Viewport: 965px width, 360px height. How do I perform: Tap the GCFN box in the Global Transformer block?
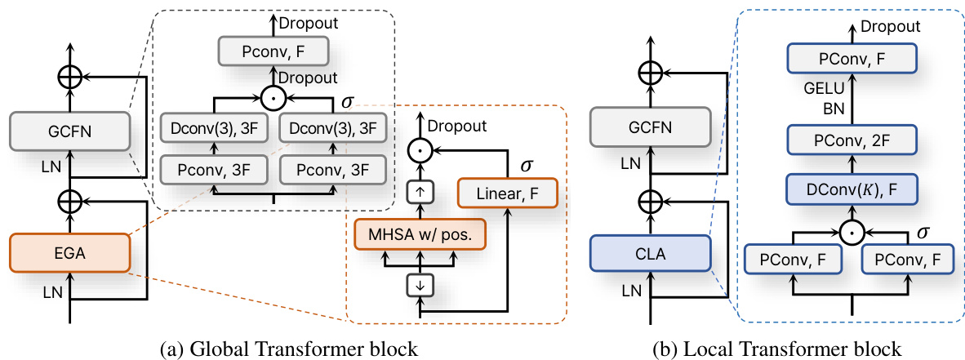70,131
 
